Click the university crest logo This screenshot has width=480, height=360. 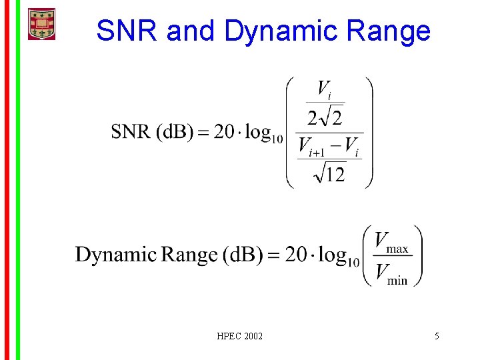(x=41, y=24)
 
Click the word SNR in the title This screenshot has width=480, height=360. (x=127, y=31)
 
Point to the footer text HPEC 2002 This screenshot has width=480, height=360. (x=240, y=336)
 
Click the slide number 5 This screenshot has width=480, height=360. (x=437, y=336)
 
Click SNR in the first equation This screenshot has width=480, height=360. (x=131, y=131)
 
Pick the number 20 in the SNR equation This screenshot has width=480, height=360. (x=226, y=131)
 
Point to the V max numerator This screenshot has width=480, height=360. (x=391, y=242)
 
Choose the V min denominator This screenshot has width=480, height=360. (x=391, y=273)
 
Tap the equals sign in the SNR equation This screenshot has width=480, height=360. (x=203, y=132)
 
